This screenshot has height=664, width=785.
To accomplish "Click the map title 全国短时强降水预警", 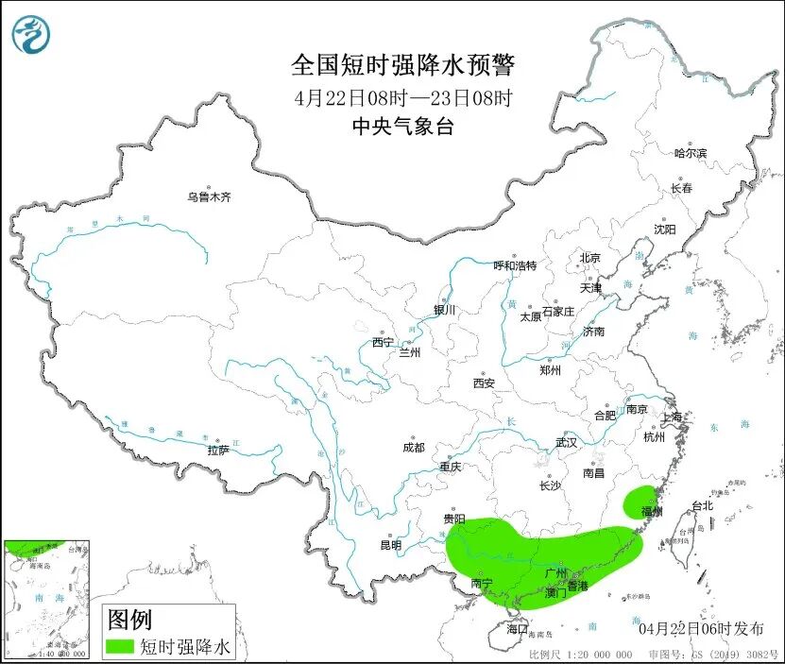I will point(403,65).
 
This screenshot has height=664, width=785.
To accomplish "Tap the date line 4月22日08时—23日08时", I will point(403,97).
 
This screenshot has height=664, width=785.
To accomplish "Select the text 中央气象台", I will point(402,127).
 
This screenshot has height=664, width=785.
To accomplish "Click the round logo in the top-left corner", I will point(31,36).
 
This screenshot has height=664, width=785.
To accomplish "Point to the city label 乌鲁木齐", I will point(208,197).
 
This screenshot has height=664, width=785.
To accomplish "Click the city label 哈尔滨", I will point(690,153).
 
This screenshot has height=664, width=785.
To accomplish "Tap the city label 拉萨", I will point(218,451).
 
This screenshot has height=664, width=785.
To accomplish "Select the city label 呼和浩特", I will point(515,265).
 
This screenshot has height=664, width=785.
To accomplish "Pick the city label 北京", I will point(589,258).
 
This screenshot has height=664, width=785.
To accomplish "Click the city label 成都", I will point(413,448).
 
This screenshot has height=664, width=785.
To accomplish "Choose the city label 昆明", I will point(390,545).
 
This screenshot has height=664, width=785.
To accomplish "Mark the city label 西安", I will point(484,383).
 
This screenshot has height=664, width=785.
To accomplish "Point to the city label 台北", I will point(702,505).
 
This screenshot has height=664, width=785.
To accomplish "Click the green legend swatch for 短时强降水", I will point(119,646).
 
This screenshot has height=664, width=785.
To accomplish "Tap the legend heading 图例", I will point(129,620).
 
